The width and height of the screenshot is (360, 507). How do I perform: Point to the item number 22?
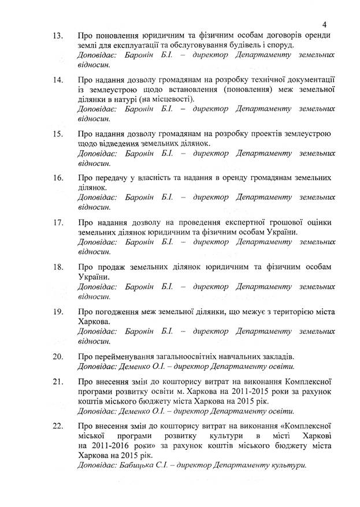(58, 426)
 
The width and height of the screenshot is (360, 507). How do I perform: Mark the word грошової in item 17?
(285, 222)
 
